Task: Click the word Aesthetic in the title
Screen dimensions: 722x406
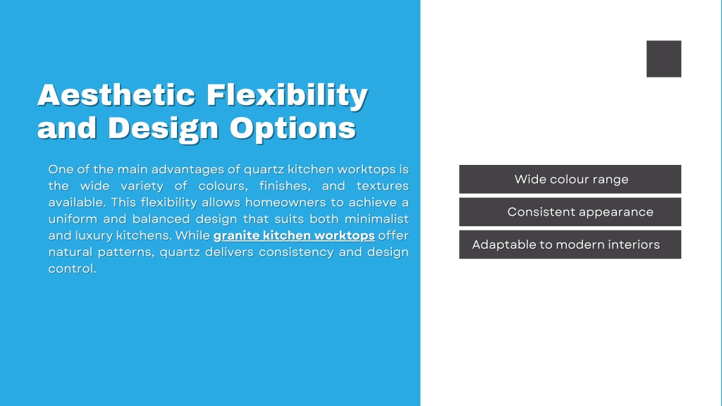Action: [116, 95]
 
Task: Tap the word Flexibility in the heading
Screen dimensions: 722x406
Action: [288, 95]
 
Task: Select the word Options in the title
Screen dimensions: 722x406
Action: [293, 128]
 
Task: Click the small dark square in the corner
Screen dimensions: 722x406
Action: [663, 59]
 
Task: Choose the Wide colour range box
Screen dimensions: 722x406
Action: [570, 179]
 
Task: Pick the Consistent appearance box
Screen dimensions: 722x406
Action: [570, 211]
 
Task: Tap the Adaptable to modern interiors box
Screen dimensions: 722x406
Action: [570, 245]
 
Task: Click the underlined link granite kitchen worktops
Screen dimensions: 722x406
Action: [294, 235]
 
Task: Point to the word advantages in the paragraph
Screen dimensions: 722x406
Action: [188, 170]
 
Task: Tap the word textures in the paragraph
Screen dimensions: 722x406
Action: [383, 186]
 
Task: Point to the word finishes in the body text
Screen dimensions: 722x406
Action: [285, 186]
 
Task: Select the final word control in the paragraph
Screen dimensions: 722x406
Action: [73, 269]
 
